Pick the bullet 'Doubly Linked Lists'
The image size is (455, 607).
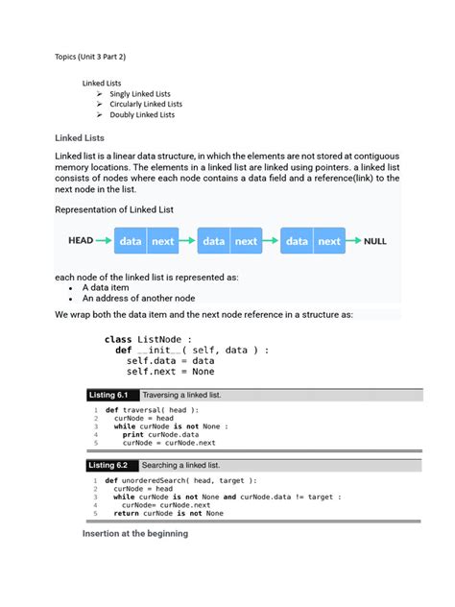(142, 114)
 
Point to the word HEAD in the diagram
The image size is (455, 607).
(80, 241)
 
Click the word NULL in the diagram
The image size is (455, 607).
(374, 241)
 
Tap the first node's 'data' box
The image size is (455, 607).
(130, 241)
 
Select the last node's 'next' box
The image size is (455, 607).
(329, 241)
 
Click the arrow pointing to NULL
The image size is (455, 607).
(352, 241)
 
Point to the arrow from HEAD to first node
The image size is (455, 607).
(105, 241)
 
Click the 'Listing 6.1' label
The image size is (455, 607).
(108, 395)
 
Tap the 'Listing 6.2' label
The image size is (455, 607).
(108, 465)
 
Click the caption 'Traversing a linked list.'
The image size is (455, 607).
(181, 395)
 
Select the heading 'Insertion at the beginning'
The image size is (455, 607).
(135, 533)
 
